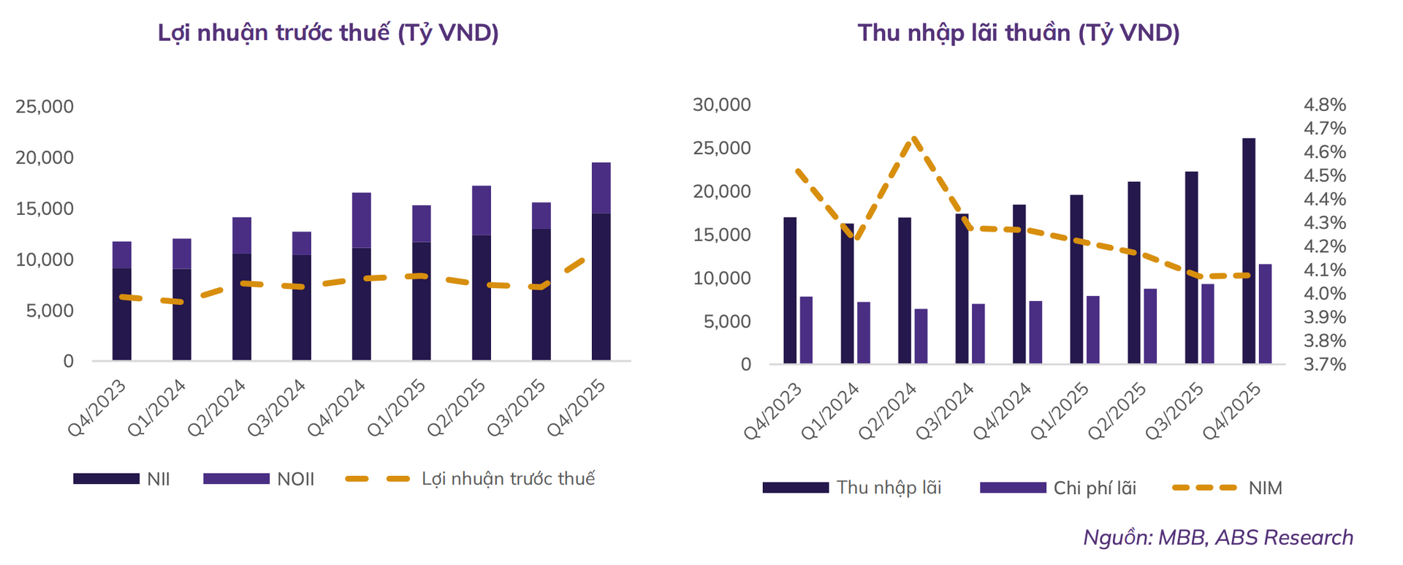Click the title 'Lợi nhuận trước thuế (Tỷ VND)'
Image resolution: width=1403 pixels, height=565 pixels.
[x=328, y=33]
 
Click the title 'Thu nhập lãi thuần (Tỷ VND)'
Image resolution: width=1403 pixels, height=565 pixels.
[x=1018, y=33]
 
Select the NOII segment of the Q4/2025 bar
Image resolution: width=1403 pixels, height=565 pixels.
[x=601, y=188]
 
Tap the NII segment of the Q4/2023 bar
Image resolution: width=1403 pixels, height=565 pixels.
[x=122, y=314]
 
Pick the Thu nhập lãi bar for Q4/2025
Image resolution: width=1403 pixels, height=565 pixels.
[x=1249, y=251]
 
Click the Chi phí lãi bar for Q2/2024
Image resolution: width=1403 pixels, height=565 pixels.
[x=921, y=336]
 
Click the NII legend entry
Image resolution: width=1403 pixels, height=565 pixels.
[x=122, y=479]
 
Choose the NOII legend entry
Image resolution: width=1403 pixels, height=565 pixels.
[x=259, y=479]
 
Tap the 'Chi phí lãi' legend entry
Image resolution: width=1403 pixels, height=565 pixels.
[x=1059, y=488]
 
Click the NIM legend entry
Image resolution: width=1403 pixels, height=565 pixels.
[x=1228, y=488]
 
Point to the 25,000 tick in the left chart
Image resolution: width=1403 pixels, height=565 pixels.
[x=45, y=107]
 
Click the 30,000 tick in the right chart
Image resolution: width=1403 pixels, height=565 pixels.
[x=721, y=105]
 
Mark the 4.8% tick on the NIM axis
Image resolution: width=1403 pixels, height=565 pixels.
[x=1325, y=105]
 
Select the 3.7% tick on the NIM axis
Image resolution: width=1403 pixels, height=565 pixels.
[x=1325, y=364]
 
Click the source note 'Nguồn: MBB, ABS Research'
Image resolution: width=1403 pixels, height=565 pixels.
[x=1217, y=537]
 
